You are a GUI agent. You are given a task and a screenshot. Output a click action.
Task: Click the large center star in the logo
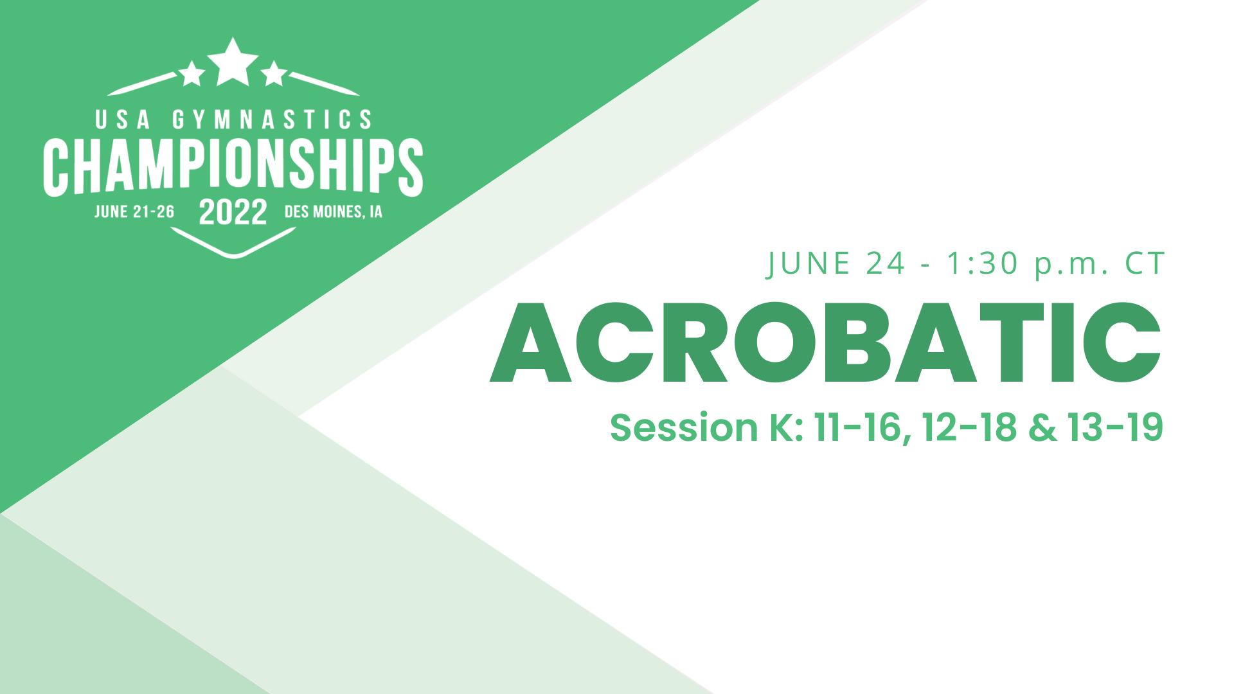pyautogui.click(x=233, y=63)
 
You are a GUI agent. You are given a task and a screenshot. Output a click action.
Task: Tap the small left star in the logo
pyautogui.click(x=192, y=74)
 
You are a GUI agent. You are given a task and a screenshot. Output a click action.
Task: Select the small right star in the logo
pyautogui.click(x=274, y=74)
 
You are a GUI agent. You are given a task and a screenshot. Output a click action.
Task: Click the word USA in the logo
pyautogui.click(x=123, y=120)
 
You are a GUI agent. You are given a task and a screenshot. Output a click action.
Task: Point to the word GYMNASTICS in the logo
pyautogui.click(x=272, y=120)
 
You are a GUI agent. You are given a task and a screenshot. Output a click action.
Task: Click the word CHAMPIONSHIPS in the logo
pyautogui.click(x=233, y=166)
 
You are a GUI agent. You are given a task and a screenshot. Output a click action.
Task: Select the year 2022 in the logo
pyautogui.click(x=233, y=212)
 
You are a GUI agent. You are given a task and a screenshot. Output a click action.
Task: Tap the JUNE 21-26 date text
pyautogui.click(x=134, y=212)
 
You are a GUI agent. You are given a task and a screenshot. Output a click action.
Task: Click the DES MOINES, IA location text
pyautogui.click(x=333, y=212)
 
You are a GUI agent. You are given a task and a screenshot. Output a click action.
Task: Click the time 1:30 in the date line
pyautogui.click(x=983, y=263)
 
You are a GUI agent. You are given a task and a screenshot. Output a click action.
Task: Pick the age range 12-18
pyautogui.click(x=969, y=428)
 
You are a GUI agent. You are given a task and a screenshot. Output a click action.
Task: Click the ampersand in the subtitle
pyautogui.click(x=1042, y=428)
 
